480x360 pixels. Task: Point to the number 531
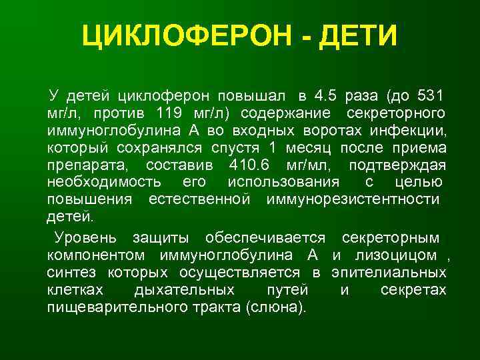432,91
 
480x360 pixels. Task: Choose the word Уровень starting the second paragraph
86,237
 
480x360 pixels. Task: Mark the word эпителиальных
399,272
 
